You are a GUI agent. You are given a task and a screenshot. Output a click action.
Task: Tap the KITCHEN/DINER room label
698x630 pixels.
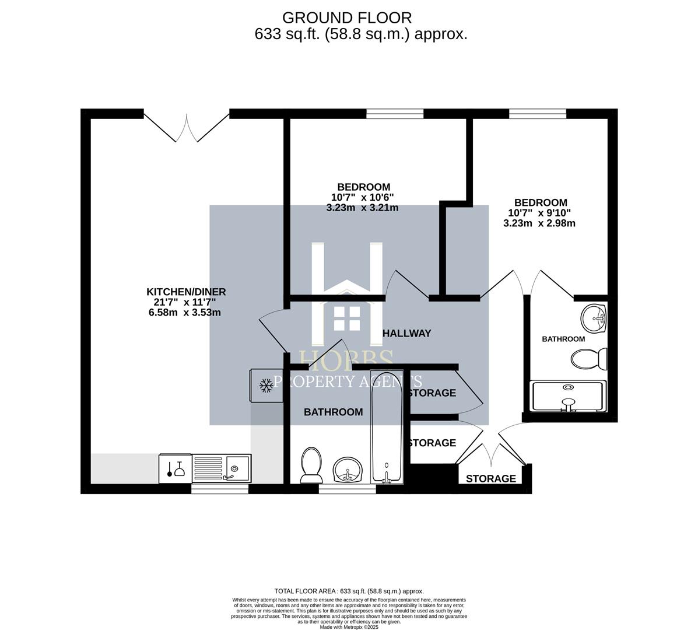click(x=185, y=292)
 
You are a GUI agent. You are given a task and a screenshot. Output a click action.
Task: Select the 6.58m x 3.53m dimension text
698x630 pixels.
click(x=184, y=312)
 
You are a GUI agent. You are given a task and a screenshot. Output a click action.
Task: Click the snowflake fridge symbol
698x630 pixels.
click(x=266, y=385)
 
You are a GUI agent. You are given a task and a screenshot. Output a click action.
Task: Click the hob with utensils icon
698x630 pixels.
click(x=175, y=468)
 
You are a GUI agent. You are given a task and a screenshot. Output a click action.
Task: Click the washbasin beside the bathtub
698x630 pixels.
click(x=348, y=469)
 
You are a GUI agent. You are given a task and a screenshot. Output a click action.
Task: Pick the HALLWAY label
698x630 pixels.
click(x=406, y=333)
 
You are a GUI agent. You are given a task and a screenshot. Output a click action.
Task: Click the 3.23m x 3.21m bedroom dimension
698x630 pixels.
click(x=362, y=208)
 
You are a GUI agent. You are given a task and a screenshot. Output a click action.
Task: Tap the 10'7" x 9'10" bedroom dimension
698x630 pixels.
click(x=539, y=213)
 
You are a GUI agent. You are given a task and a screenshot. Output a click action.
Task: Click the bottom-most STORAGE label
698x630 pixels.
click(x=490, y=478)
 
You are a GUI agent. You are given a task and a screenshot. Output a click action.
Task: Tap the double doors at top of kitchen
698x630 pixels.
click(x=187, y=127)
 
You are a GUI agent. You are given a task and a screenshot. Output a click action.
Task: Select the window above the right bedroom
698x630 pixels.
click(x=537, y=114)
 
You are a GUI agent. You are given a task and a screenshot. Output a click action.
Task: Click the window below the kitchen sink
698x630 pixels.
click(x=220, y=489)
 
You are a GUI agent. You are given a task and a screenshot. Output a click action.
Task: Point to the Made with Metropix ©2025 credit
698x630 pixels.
click(x=349, y=627)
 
